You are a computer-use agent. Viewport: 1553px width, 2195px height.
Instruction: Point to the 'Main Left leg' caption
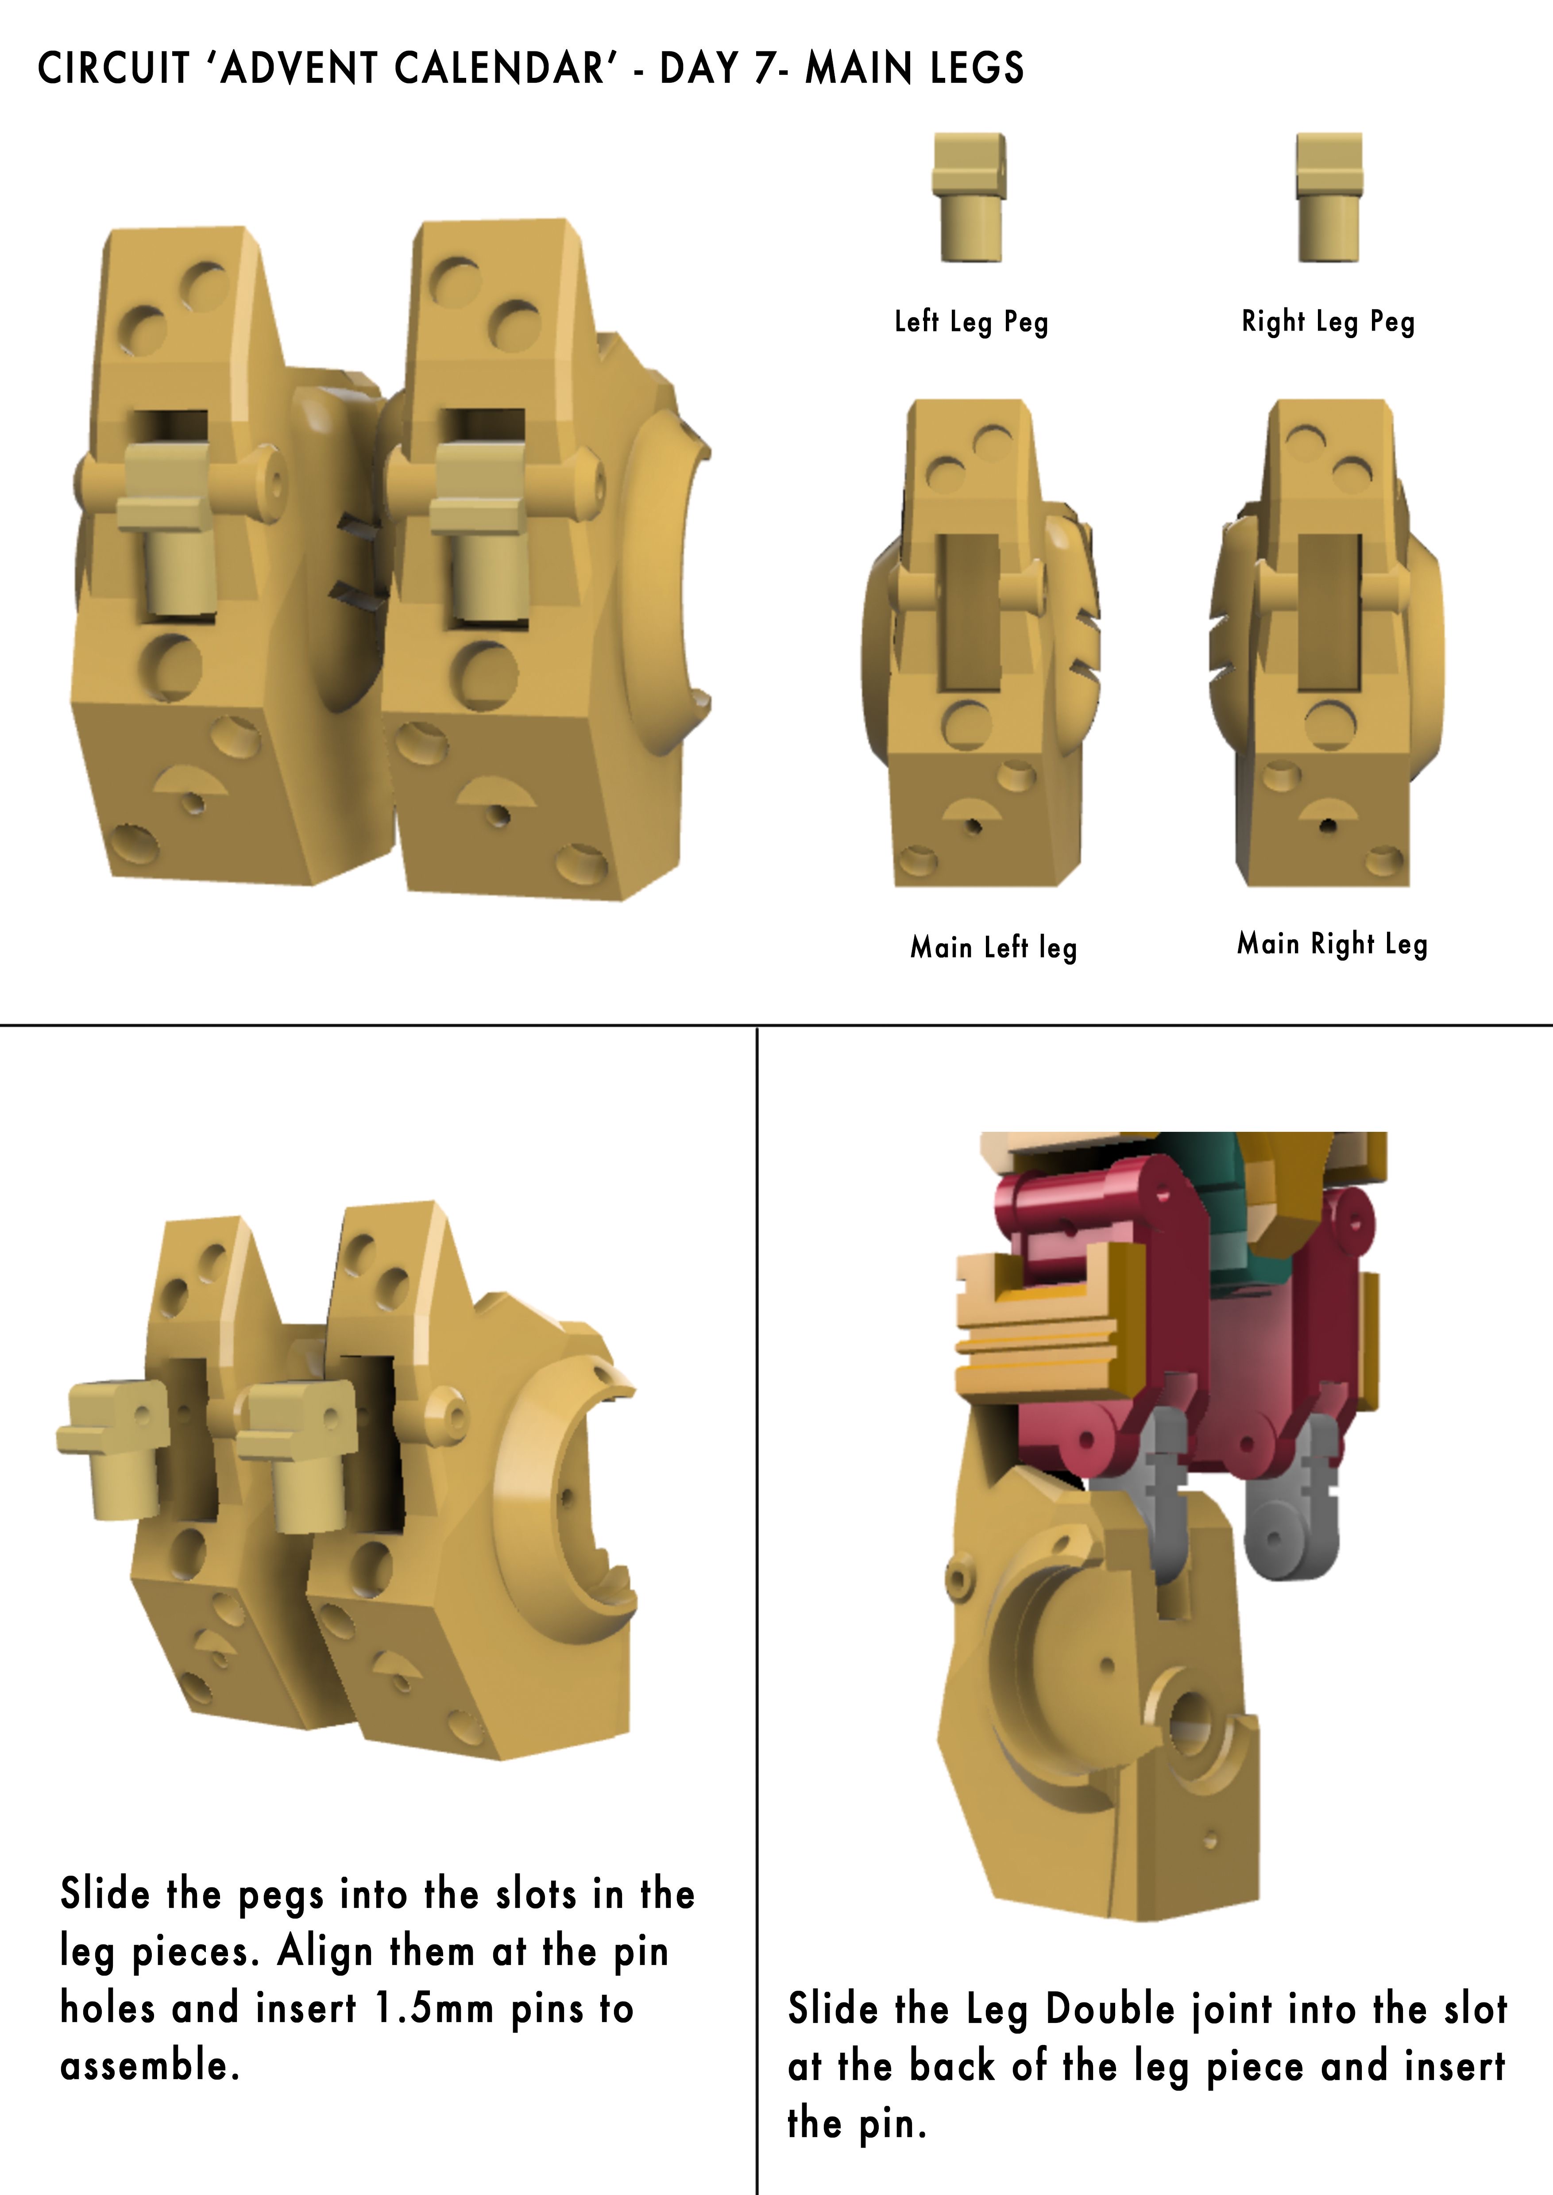coord(993,947)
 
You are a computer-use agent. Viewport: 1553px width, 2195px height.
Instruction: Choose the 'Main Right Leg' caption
coord(1332,945)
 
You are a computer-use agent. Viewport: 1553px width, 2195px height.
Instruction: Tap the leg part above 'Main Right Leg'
coord(1327,642)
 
